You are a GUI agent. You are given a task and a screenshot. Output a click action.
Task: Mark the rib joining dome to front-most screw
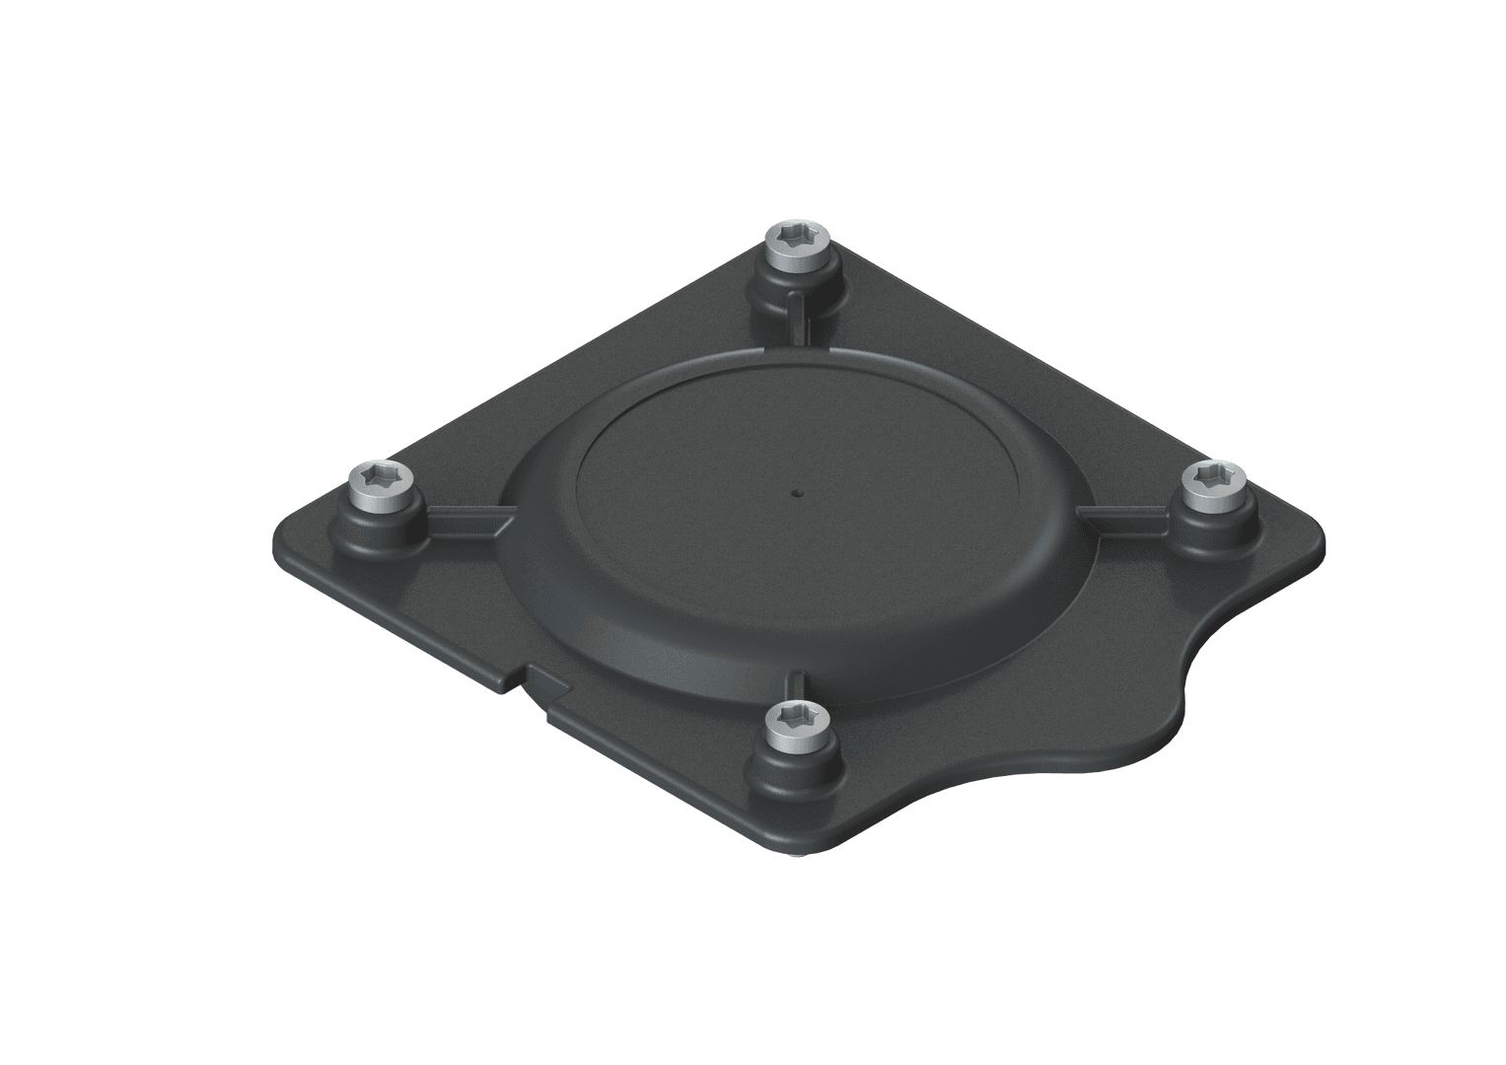(x=799, y=684)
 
